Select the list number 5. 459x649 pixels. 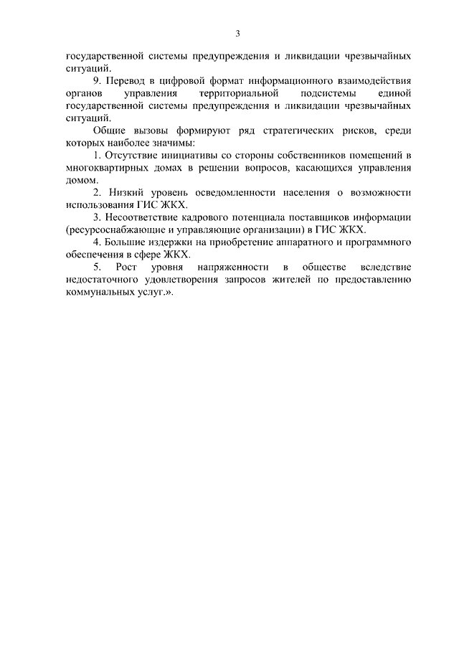click(97, 268)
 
